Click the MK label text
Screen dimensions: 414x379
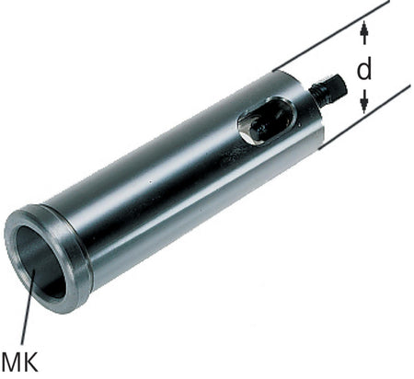(20, 362)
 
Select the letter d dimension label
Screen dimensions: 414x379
(364, 70)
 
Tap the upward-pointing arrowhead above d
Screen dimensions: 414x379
(364, 29)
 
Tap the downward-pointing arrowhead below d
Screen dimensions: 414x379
(364, 105)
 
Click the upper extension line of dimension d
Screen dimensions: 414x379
(331, 36)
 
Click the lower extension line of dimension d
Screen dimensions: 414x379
(364, 117)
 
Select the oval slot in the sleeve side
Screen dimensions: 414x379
(266, 121)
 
